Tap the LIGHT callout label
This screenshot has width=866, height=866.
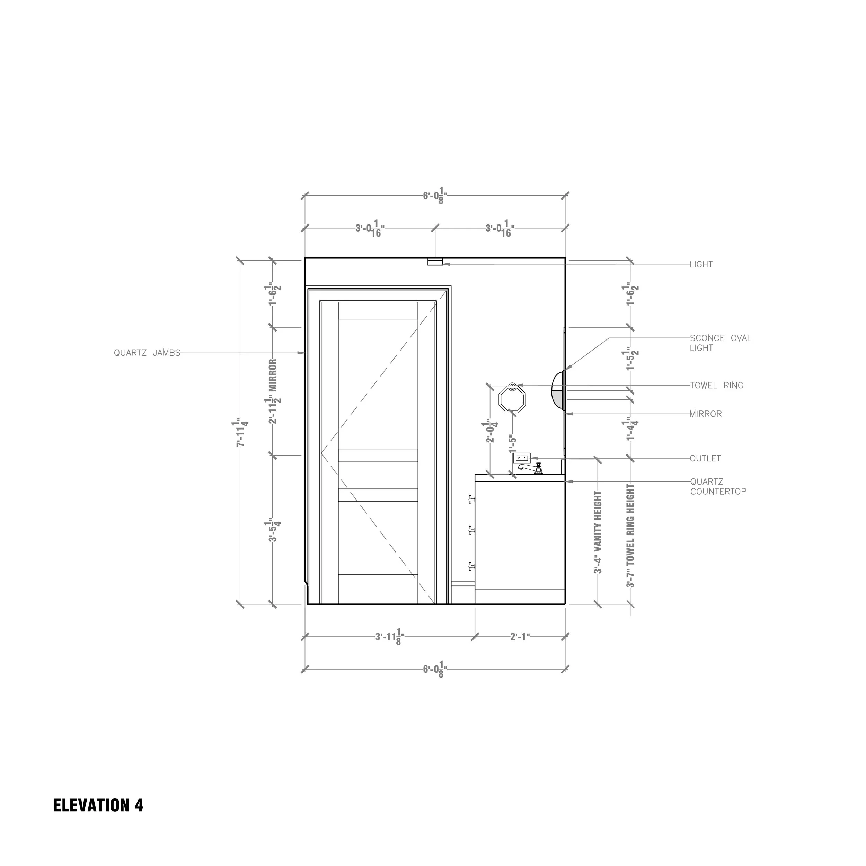(701, 264)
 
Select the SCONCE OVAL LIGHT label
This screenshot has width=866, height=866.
(720, 343)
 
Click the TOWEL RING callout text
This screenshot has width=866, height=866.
(716, 386)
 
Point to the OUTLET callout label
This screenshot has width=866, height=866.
(705, 459)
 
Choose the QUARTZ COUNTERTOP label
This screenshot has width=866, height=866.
(718, 487)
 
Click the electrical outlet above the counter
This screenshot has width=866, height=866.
(522, 458)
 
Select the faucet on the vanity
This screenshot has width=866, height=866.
(531, 468)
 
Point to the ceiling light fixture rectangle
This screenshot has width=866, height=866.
(435, 262)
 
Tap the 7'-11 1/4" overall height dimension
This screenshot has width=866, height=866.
(241, 433)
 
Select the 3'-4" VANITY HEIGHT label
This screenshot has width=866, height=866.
(598, 532)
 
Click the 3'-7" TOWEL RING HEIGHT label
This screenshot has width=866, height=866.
(631, 536)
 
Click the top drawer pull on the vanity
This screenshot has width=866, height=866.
(471, 499)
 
